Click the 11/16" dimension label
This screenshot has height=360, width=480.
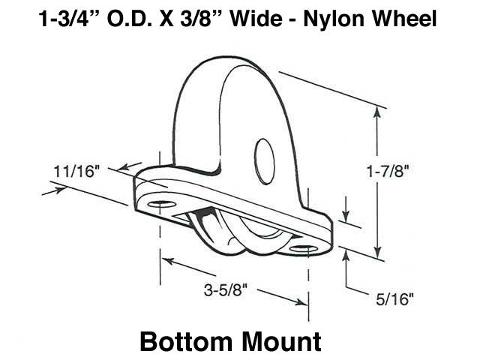coord(76,171)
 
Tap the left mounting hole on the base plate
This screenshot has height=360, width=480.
coord(159,204)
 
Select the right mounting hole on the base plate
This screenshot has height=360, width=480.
coord(304,248)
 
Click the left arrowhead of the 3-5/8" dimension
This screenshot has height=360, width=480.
coord(167,262)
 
